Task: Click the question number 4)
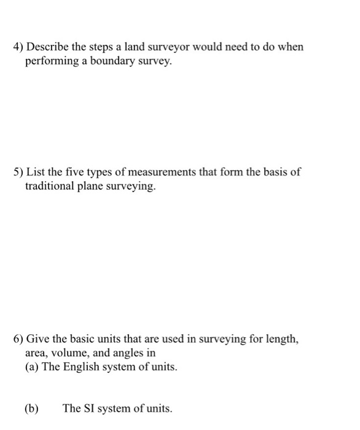click(x=18, y=47)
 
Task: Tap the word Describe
click(x=49, y=47)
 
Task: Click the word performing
click(x=51, y=62)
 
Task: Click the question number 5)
click(x=18, y=172)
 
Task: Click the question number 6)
click(x=18, y=338)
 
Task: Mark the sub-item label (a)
click(x=32, y=368)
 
